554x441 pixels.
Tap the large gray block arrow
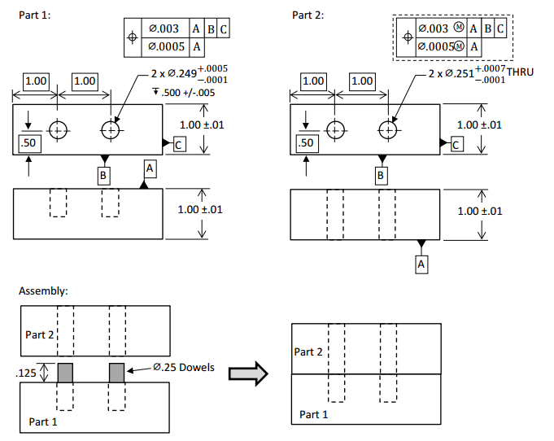(x=247, y=373)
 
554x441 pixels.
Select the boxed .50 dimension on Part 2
(x=306, y=143)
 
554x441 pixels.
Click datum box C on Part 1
(x=179, y=144)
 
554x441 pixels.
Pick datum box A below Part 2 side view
(x=421, y=264)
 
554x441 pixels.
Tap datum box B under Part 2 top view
(x=380, y=174)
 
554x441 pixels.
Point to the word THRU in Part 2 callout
(x=520, y=72)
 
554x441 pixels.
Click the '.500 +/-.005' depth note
(x=189, y=92)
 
